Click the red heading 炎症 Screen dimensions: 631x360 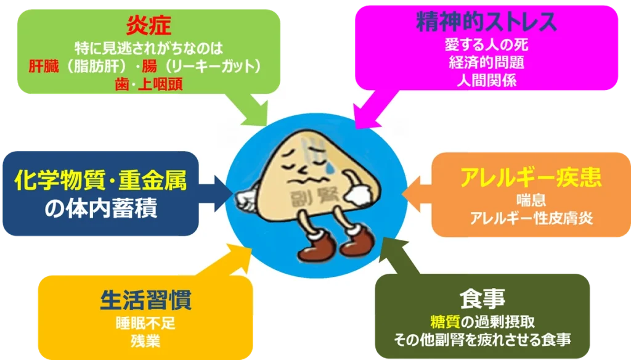149,25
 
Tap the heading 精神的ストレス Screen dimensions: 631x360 486,22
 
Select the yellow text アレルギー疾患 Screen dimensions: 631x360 531,177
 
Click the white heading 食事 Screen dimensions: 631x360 482,298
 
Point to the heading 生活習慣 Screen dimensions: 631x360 145,300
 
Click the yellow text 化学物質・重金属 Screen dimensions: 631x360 100,179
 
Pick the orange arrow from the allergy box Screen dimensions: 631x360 417,194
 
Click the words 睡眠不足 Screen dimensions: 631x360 145,324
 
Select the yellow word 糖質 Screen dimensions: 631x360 445,322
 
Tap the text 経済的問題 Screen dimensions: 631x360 487,63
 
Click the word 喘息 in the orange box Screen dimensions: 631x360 531,200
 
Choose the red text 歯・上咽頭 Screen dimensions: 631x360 149,84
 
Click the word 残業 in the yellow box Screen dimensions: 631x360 145,341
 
